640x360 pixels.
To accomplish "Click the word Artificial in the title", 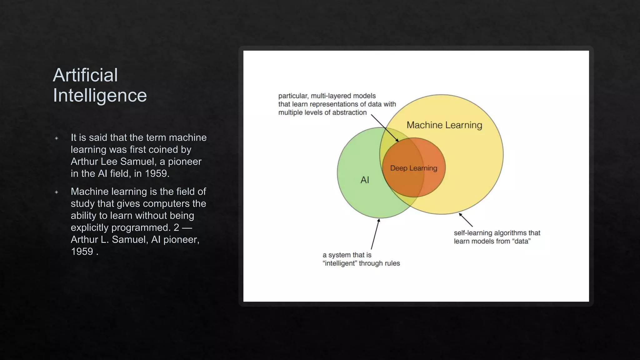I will click(85, 75).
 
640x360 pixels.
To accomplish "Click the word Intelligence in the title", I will click(100, 95).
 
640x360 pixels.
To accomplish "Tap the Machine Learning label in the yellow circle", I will click(444, 125).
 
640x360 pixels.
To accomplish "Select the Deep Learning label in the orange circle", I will click(413, 168).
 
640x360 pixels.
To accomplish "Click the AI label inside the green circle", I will click(365, 180).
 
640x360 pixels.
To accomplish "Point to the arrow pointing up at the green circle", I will click(375, 234).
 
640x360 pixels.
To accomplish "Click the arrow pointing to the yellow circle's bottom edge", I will click(466, 220).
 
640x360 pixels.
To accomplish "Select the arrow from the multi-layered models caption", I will click(384, 128).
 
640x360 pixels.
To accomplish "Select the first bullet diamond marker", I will click(57, 138).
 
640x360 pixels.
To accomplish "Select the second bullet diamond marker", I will click(57, 192).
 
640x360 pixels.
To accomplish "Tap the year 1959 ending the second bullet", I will click(82, 252).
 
